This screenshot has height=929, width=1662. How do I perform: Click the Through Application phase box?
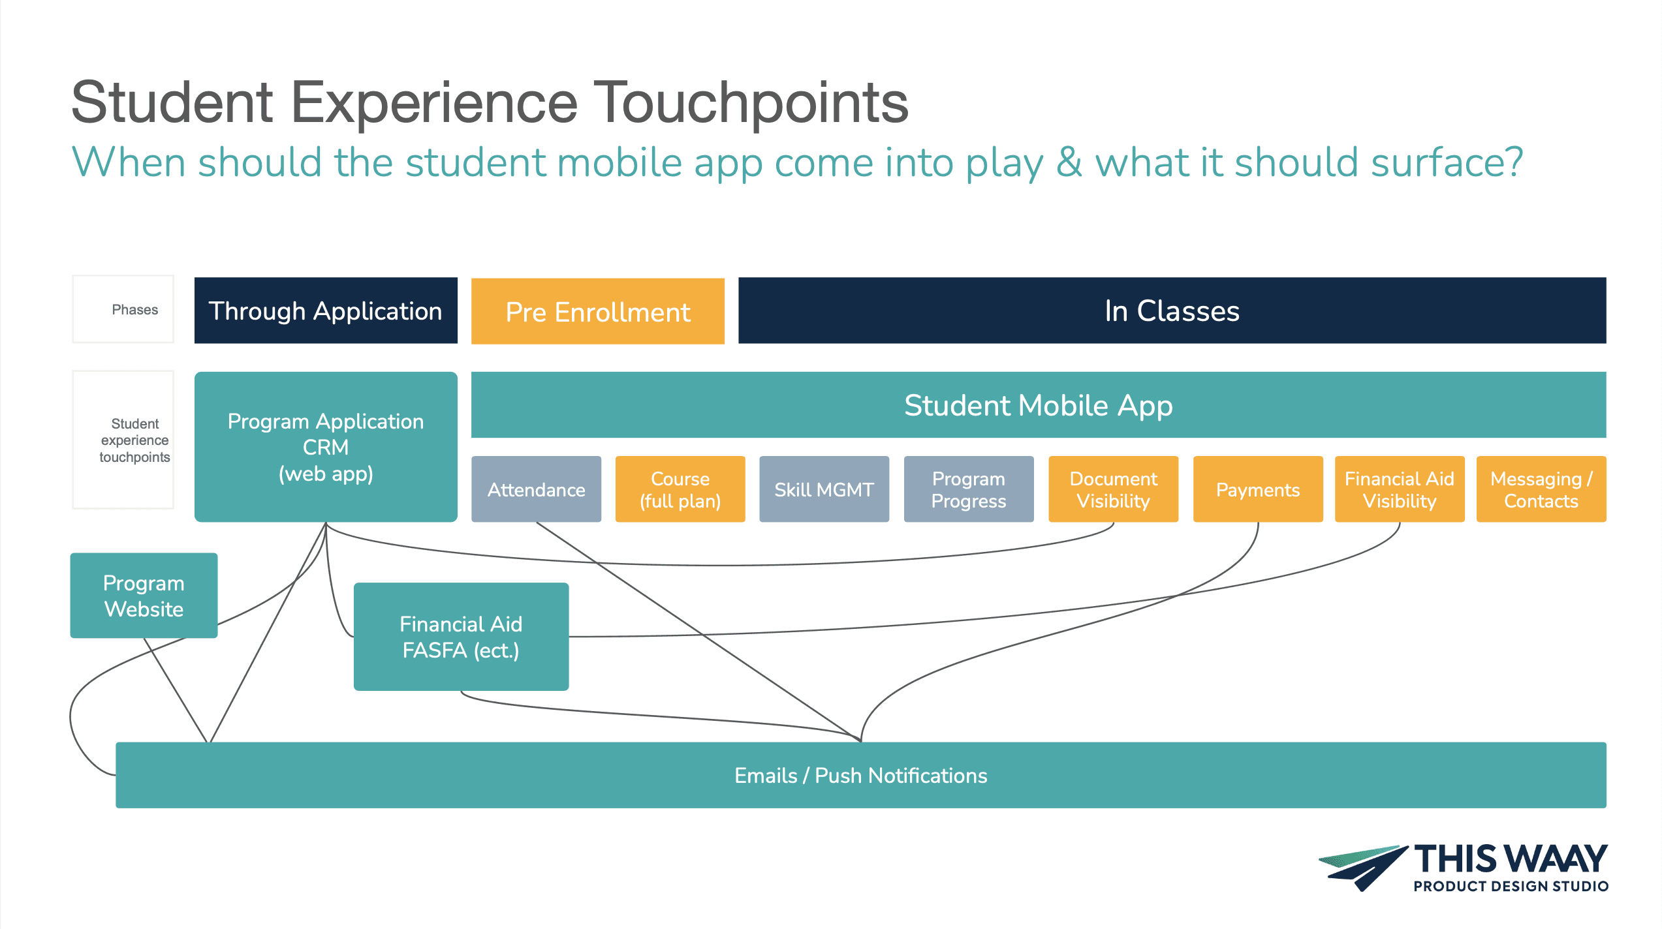tap(326, 311)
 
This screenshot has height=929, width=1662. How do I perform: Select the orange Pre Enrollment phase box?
tap(597, 311)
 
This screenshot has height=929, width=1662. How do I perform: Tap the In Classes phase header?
tap(1172, 311)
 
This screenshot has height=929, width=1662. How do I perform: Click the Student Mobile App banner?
tap(1038, 405)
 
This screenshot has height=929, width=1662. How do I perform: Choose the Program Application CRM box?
tap(326, 447)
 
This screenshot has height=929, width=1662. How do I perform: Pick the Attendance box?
tap(536, 489)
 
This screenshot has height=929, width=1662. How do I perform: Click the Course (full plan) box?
tap(680, 489)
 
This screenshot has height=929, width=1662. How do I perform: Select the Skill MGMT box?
tap(824, 489)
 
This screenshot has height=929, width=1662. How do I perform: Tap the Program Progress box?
tap(969, 489)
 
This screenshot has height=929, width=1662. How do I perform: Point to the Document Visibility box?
tap(1113, 489)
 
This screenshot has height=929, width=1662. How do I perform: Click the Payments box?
tap(1258, 489)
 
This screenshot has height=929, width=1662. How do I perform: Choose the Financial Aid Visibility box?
tap(1400, 489)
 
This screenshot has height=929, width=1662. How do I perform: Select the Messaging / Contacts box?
tap(1541, 489)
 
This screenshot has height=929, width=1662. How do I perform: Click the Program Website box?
tap(144, 596)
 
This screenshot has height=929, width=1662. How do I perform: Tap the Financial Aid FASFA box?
tap(461, 637)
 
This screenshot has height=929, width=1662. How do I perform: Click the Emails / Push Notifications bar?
tap(860, 775)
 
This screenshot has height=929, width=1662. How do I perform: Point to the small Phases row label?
tap(134, 309)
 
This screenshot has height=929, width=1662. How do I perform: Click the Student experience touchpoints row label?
tap(134, 440)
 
